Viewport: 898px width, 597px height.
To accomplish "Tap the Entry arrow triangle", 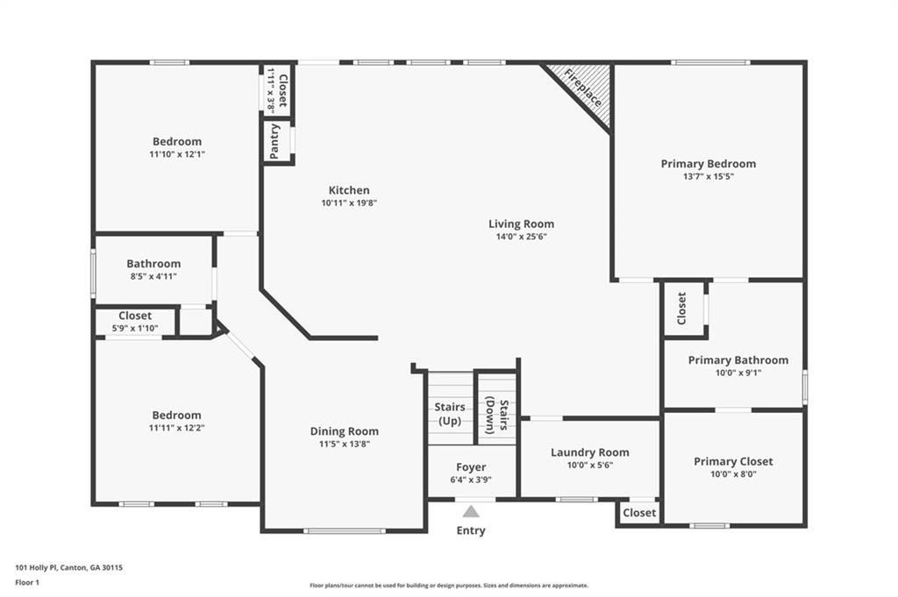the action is point(471,511).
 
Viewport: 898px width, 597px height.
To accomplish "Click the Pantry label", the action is point(274,141).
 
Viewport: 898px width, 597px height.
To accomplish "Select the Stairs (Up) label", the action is point(450,414).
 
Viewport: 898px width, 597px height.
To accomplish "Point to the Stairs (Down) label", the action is point(497,416).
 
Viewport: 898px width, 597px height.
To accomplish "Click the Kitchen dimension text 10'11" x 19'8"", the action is point(349,203).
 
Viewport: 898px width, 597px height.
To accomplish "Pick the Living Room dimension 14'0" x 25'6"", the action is point(521,237).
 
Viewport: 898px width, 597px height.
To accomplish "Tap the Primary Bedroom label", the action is point(709,164).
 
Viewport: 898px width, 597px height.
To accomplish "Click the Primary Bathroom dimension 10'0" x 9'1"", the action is point(738,373).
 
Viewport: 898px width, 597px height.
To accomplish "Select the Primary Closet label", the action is point(733,461).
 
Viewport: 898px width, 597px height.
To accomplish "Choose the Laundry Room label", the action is point(590,452).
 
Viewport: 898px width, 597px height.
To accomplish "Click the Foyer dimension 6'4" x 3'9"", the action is point(471,480).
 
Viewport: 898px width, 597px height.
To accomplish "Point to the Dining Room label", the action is point(344,431).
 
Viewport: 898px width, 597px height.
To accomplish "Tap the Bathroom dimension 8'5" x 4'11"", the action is point(153,276).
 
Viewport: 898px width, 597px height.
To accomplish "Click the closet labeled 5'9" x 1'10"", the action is point(135,322).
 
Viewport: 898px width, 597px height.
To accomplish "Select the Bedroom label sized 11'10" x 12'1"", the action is point(177,141).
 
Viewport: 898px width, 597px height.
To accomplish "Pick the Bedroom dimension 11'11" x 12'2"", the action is point(177,428).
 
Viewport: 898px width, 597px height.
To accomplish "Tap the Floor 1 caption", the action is point(27,583).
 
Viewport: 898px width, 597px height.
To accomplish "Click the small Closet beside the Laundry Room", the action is point(639,513).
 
